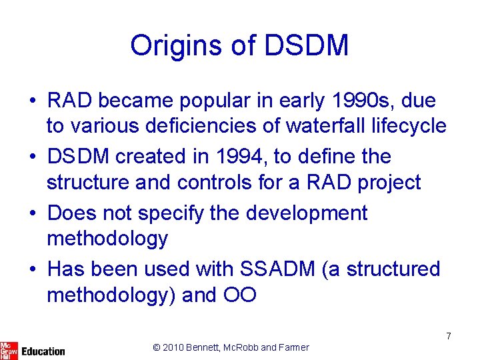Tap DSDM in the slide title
pos(306,46)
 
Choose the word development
pos(307,213)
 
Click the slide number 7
pos(449,336)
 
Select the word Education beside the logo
pos(43,351)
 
